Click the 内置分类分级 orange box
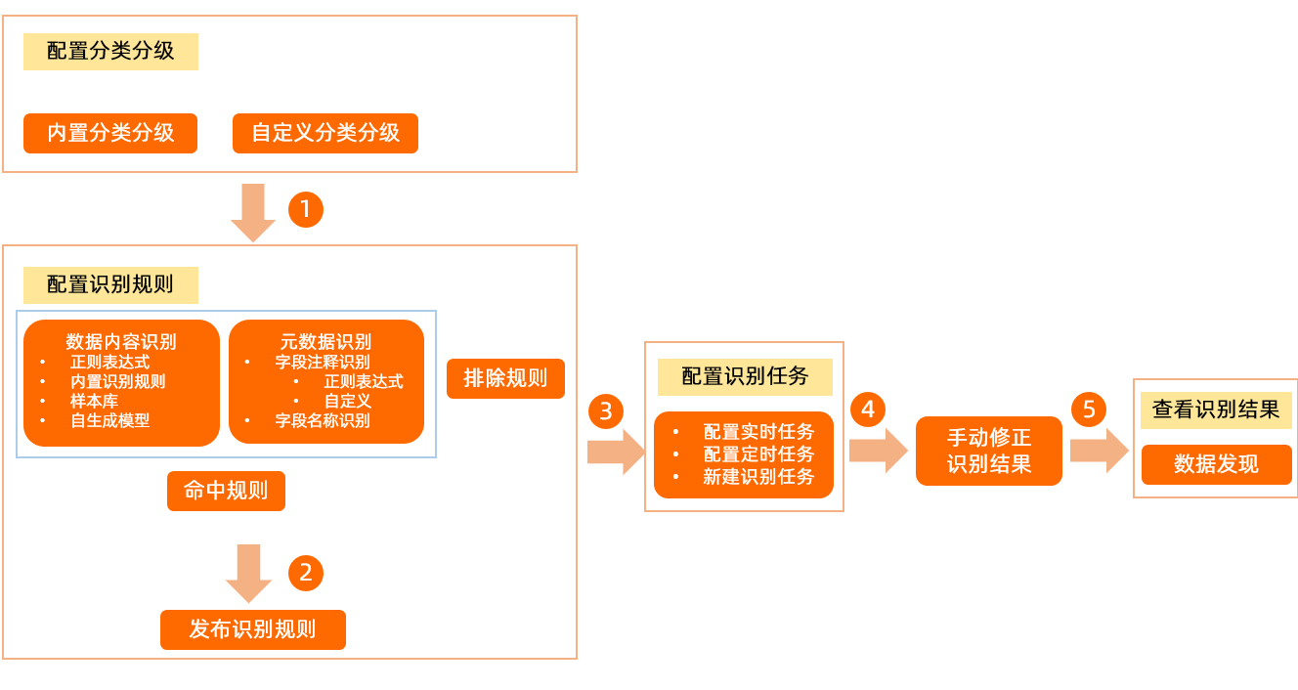pos(110,133)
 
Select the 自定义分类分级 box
pos(325,133)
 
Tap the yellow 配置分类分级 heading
pos(110,52)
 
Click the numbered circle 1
pos(306,209)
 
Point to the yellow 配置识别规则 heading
pos(110,285)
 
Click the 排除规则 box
pos(505,378)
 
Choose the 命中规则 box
pos(226,491)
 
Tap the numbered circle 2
pos(306,573)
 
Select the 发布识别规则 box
pos(253,629)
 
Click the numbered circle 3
pos(606,411)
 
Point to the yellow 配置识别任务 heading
pos(745,376)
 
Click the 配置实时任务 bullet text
pos(758,432)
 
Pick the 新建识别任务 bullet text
pos(758,477)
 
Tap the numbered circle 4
pos(867,409)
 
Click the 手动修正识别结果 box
pos(989,451)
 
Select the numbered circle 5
pos(1089,409)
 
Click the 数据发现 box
pos(1216,464)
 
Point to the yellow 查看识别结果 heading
pos(1216,410)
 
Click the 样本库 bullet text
pos(94,401)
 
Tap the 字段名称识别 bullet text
pos(323,420)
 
